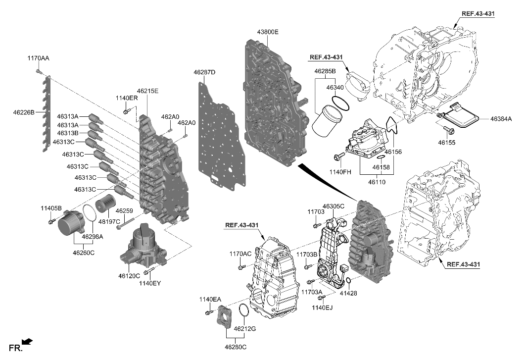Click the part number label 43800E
tap(267, 32)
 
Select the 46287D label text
tap(204, 72)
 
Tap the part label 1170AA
tap(38, 58)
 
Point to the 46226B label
tap(24, 112)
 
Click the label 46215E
tap(147, 91)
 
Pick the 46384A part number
tap(501, 119)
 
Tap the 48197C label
tap(110, 221)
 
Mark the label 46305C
tap(334, 206)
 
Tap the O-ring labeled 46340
tap(341, 103)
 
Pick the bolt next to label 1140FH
tap(338, 157)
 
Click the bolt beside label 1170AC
tap(241, 267)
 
